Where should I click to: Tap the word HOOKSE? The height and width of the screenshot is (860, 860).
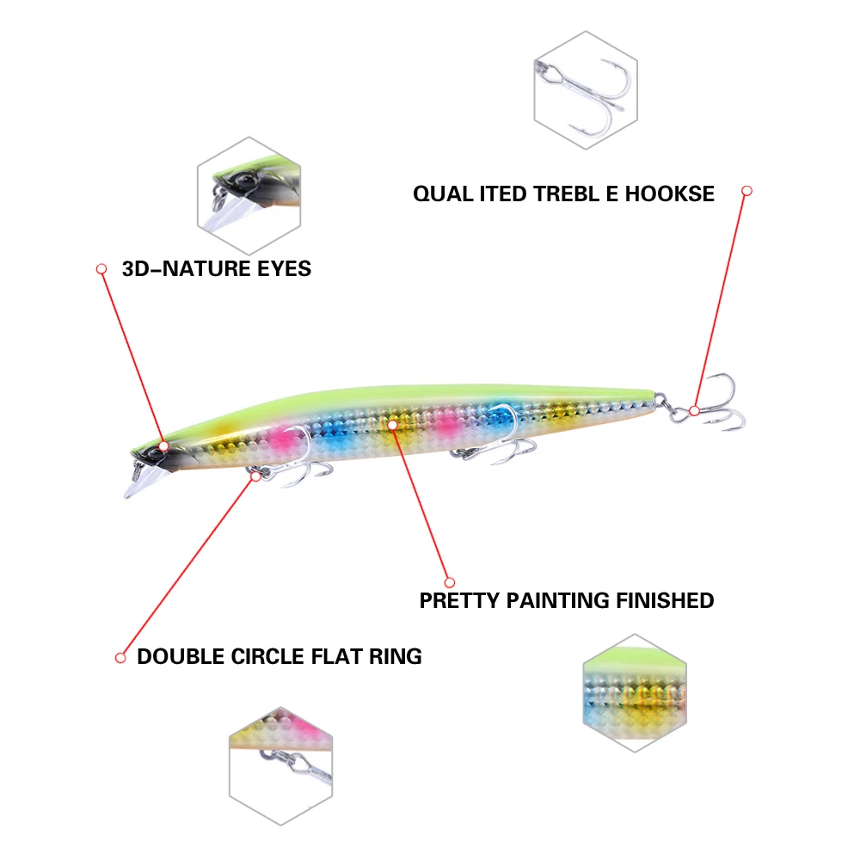[669, 193]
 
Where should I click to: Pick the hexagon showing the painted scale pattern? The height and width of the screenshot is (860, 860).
[635, 692]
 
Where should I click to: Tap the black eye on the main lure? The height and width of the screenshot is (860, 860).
[163, 448]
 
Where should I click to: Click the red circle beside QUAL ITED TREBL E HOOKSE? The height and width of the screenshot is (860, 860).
[746, 191]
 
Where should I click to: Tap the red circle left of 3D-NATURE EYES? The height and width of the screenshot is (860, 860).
[101, 269]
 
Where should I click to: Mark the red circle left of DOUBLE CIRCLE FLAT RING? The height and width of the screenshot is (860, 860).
[120, 658]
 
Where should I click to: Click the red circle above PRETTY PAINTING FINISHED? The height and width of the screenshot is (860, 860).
[448, 580]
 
